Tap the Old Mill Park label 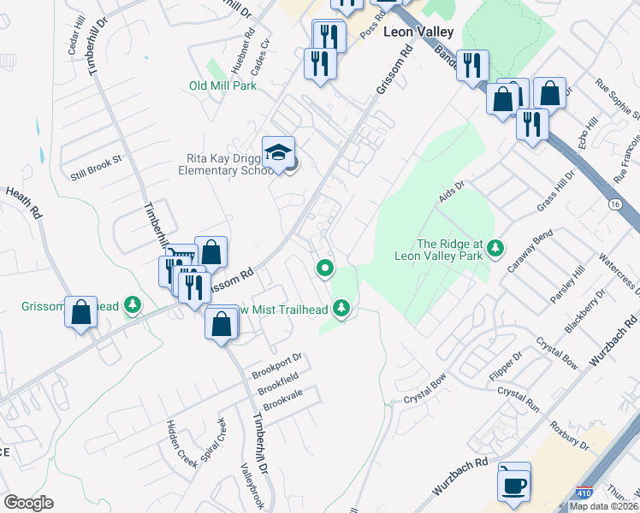222,85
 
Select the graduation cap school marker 278,153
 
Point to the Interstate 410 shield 584,494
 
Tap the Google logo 28,503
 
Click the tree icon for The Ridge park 495,248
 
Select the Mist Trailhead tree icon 342,306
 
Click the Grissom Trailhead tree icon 133,304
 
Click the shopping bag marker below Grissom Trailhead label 80,313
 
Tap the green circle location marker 325,269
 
